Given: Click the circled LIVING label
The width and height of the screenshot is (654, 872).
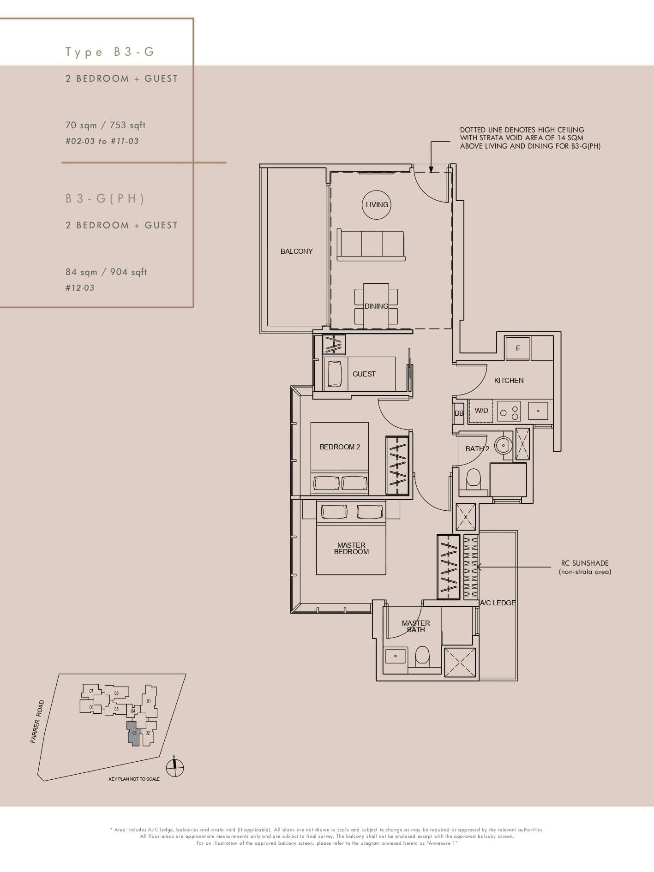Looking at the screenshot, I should [377, 204].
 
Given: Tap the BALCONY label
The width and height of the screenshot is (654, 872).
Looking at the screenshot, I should [296, 251].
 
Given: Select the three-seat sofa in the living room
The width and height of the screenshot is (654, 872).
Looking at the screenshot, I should [371, 245].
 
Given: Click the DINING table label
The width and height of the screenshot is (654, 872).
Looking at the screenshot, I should [376, 306].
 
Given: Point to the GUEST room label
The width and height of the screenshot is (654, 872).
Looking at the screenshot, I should [364, 374].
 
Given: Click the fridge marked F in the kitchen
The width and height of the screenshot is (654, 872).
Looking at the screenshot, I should [517, 348].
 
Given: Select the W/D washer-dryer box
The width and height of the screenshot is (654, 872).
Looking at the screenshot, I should [481, 410].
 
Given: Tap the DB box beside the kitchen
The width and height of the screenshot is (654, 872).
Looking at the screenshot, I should [458, 413].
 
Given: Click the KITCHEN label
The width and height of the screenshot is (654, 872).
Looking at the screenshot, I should [509, 380].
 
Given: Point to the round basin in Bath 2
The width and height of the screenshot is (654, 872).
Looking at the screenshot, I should [503, 445].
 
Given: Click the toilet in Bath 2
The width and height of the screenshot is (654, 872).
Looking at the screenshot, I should [474, 479].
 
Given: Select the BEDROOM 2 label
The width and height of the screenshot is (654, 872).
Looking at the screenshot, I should [340, 447].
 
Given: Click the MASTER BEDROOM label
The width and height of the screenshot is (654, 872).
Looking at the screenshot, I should [351, 548].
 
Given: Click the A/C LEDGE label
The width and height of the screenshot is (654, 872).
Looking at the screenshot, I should [498, 603].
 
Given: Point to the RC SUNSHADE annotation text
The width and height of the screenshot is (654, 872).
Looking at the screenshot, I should [584, 567].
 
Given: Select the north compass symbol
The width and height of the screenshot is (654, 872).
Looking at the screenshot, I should [174, 768].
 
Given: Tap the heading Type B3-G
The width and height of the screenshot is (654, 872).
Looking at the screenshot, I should [109, 52].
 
